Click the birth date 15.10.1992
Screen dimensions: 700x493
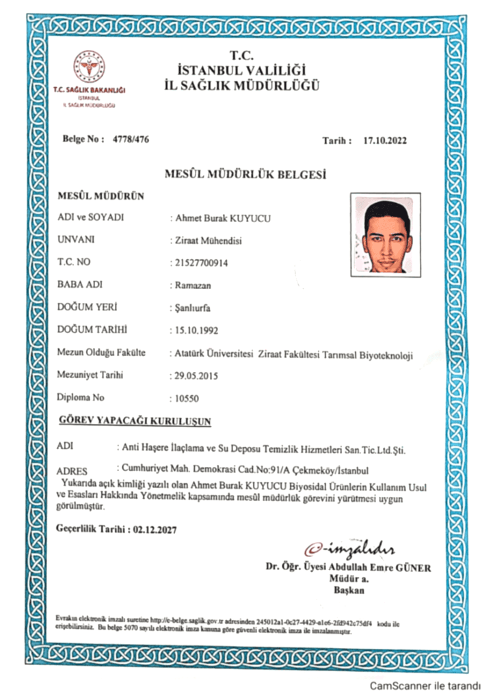coord(196,329)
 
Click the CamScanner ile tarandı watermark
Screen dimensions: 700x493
coord(425,685)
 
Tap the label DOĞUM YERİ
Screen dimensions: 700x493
coord(84,307)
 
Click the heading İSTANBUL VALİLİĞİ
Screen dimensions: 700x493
coord(241,70)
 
